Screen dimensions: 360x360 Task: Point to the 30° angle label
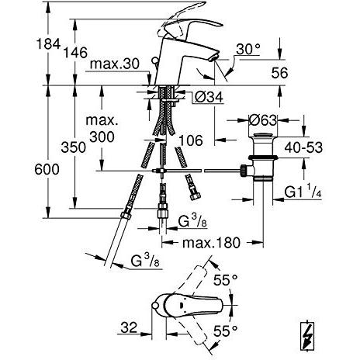coord(248,48)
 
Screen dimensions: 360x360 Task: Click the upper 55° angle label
coord(222,279)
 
